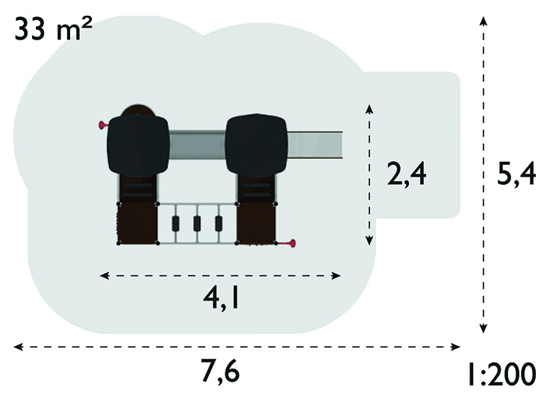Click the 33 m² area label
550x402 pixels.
click(x=53, y=29)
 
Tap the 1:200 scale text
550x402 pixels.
click(x=502, y=374)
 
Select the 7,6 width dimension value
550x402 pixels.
click(x=220, y=371)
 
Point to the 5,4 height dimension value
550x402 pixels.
click(x=516, y=175)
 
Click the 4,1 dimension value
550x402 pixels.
click(x=221, y=298)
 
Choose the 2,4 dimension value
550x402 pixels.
click(x=407, y=175)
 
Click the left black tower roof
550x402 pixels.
click(x=138, y=145)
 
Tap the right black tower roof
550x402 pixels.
click(x=257, y=145)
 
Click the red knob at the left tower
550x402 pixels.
click(x=103, y=125)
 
